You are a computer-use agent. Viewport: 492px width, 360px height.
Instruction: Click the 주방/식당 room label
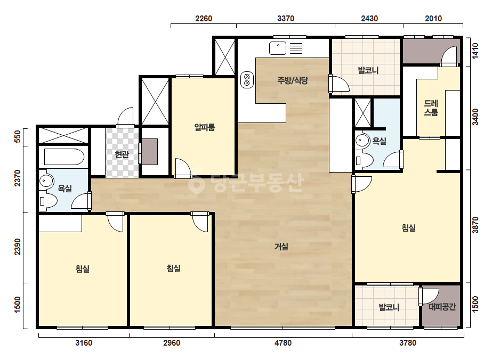(x=293, y=80)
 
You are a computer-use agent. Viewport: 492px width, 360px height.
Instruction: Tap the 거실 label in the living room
(x=281, y=247)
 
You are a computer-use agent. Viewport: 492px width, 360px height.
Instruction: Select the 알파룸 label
(x=205, y=127)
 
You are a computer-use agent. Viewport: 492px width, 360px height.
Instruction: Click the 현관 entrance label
(x=122, y=154)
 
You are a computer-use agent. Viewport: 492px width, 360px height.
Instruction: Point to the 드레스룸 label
(x=431, y=108)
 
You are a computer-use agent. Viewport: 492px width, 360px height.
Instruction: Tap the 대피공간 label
(x=442, y=307)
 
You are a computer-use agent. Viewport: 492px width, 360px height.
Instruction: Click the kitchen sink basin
(x=278, y=48)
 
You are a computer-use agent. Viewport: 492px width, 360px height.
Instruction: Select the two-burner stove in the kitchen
(x=247, y=80)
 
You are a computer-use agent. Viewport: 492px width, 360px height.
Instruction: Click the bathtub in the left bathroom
(x=64, y=157)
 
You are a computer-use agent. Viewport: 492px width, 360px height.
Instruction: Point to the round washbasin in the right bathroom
(x=362, y=141)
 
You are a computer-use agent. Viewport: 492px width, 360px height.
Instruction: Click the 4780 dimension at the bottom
(x=283, y=343)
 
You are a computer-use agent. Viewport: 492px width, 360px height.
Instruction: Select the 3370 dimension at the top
(x=286, y=19)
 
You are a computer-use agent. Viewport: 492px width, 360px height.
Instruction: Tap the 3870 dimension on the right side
(x=475, y=225)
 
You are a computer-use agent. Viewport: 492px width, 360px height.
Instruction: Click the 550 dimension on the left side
(x=18, y=136)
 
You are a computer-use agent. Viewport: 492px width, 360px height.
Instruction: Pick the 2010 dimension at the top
(x=433, y=19)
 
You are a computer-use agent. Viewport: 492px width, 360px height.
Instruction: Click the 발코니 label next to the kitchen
(x=368, y=70)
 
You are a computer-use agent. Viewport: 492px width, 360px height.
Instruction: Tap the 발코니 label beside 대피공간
(x=389, y=307)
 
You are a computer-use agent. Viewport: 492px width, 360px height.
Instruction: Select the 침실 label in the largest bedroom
(x=408, y=228)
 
